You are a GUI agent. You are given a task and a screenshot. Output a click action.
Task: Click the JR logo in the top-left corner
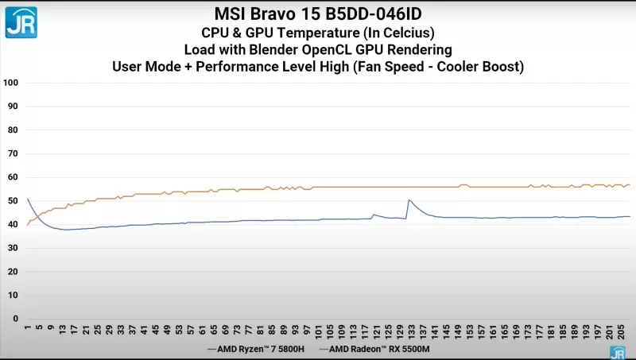[x=21, y=21]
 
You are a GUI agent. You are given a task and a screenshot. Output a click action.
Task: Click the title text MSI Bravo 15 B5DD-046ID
[x=317, y=14]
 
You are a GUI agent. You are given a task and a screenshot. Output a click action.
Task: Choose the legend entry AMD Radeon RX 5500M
[x=381, y=349]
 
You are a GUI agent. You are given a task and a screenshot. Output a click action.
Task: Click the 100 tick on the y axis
[x=10, y=83]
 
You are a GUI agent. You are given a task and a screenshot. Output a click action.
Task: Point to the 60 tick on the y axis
[x=13, y=177]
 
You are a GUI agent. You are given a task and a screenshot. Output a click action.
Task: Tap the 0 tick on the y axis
[x=15, y=319]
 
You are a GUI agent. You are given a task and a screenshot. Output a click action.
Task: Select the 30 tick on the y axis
[x=13, y=248]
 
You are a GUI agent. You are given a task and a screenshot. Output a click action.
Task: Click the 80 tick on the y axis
[x=13, y=130]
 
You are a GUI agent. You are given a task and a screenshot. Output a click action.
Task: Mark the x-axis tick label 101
[x=319, y=330]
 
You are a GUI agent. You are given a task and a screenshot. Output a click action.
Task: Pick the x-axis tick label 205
[x=620, y=330]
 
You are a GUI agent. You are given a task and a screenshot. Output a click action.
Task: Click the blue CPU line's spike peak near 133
[x=409, y=200]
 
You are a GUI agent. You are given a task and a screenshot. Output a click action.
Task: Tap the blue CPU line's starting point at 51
[x=28, y=199]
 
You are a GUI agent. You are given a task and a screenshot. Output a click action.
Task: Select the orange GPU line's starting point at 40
[x=28, y=224]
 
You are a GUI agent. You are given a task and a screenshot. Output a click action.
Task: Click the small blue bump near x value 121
[x=374, y=215]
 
